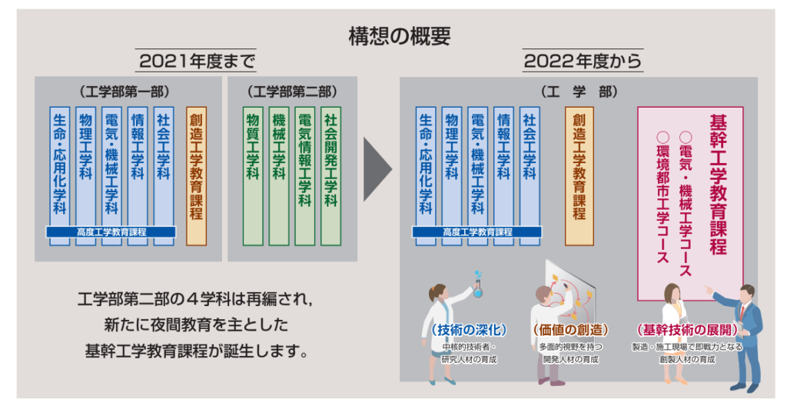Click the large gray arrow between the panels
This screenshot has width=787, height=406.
coord(377,168)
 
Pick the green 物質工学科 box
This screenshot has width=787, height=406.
coord(253,175)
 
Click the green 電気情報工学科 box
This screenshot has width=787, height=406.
coord(304,175)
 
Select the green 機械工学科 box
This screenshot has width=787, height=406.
coord(279,175)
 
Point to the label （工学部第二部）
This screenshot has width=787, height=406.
coord(293,92)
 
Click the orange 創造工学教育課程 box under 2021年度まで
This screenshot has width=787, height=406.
coord(196,175)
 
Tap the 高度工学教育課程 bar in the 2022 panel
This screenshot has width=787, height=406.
coord(477,231)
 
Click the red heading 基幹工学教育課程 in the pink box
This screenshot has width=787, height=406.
coord(719,185)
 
